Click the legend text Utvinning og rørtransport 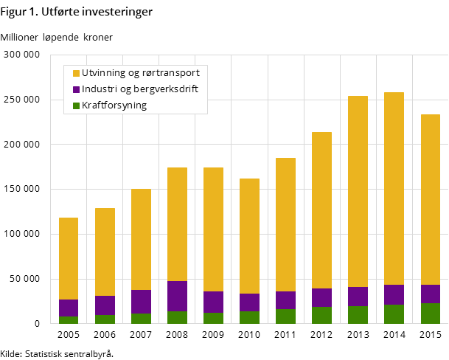click(x=140, y=73)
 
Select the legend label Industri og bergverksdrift click(x=139, y=89)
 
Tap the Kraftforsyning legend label click(x=114, y=105)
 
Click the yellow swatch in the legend click(x=76, y=73)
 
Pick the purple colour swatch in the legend click(x=76, y=89)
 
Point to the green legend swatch click(x=76, y=105)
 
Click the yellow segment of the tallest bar click(x=394, y=188)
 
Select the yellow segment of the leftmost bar click(x=69, y=258)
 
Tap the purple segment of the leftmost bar click(x=69, y=308)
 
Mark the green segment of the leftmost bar click(x=69, y=320)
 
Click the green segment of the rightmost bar click(x=430, y=314)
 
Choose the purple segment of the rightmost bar click(x=430, y=294)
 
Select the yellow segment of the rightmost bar click(x=430, y=199)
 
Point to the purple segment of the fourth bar click(x=177, y=296)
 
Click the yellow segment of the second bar click(x=105, y=252)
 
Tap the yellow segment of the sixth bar click(x=249, y=236)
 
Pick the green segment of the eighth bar click(x=321, y=315)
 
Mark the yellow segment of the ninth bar click(x=358, y=191)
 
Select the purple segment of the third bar click(x=141, y=302)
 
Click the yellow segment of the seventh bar click(x=285, y=224)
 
